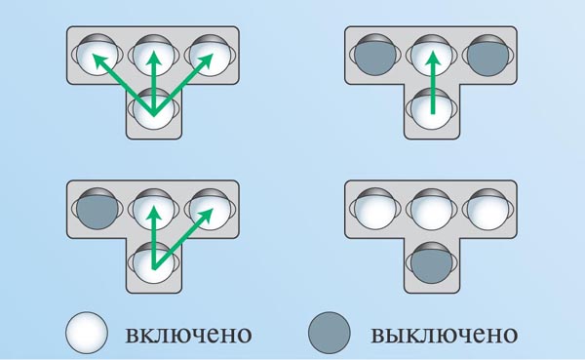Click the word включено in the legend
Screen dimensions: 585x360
point(188,335)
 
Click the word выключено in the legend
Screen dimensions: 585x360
point(444,335)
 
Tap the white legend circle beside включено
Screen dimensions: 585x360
point(87,333)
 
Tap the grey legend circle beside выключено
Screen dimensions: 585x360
point(330,333)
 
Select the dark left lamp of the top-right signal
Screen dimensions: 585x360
point(375,56)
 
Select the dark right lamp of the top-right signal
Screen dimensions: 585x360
point(487,56)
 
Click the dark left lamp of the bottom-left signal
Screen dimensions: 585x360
point(97,209)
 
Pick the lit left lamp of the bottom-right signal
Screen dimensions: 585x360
point(375,209)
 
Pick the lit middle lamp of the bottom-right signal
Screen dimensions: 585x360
point(431,209)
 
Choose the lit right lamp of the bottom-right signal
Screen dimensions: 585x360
point(487,209)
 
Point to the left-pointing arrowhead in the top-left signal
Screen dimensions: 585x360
point(99,61)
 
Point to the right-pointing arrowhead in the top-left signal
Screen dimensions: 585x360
point(205,61)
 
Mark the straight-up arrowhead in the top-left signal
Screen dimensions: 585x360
point(153,59)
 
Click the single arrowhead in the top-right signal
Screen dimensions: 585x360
point(432,59)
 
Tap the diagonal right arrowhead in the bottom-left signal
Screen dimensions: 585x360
point(205,216)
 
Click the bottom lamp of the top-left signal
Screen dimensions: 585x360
point(154,109)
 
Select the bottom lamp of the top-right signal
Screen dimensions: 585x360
point(431,109)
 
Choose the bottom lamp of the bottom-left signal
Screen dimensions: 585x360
point(154,263)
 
